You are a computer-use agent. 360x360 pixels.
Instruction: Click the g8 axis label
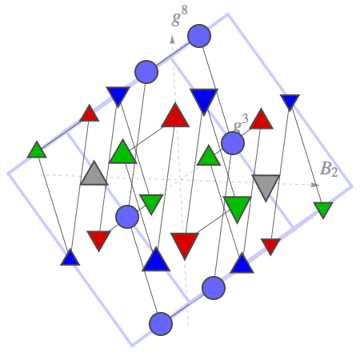click(180, 16)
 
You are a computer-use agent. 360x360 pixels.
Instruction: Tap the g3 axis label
click(241, 124)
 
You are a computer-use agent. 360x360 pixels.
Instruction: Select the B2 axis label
click(329, 169)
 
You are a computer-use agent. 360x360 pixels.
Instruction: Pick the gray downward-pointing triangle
click(266, 186)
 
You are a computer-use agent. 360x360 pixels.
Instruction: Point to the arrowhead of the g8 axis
click(173, 39)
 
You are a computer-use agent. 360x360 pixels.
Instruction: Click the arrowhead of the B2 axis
click(315, 185)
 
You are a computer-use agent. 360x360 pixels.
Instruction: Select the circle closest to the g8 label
click(199, 36)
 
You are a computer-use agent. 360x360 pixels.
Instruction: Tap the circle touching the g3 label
click(233, 143)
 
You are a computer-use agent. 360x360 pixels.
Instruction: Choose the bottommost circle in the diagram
click(161, 324)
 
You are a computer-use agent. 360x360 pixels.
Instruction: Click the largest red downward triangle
click(185, 243)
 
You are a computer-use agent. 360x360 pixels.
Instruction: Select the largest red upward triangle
click(175, 118)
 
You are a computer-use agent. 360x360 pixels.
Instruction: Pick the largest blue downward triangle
click(204, 100)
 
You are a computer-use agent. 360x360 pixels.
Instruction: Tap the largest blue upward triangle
click(156, 262)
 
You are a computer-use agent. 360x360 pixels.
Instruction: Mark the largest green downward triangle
click(238, 207)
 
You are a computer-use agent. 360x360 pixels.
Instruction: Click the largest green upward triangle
click(122, 154)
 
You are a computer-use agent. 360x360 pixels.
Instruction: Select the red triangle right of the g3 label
click(261, 121)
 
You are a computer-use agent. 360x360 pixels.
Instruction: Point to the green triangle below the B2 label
click(323, 209)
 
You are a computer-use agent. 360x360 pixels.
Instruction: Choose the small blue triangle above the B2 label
click(290, 101)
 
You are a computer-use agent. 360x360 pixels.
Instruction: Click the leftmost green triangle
click(37, 151)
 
